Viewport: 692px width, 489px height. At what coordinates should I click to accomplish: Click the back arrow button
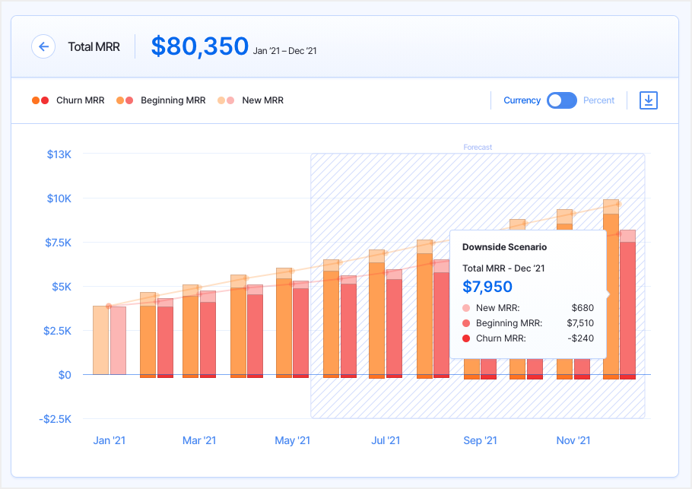43,46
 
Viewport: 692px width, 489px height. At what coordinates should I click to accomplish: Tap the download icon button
648,100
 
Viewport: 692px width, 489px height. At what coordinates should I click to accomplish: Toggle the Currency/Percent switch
562,100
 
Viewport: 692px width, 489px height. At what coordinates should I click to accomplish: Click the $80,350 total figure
199,46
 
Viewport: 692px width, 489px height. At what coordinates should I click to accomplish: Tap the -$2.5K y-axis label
56,419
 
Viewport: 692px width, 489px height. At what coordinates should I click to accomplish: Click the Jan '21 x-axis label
109,440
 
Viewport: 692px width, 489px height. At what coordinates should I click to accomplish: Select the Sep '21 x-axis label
480,440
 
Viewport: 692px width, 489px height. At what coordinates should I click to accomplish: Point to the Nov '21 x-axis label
573,440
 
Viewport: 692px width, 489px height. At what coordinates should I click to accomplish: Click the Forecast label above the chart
478,147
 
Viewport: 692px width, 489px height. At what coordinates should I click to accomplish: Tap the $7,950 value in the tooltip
487,287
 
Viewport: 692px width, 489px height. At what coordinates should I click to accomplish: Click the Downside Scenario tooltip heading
504,247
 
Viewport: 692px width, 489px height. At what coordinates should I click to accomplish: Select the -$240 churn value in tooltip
581,338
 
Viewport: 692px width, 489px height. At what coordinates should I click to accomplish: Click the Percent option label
598,100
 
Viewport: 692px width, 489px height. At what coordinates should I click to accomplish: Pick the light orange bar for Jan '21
100,340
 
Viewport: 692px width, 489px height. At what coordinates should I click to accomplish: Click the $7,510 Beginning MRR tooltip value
580,323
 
